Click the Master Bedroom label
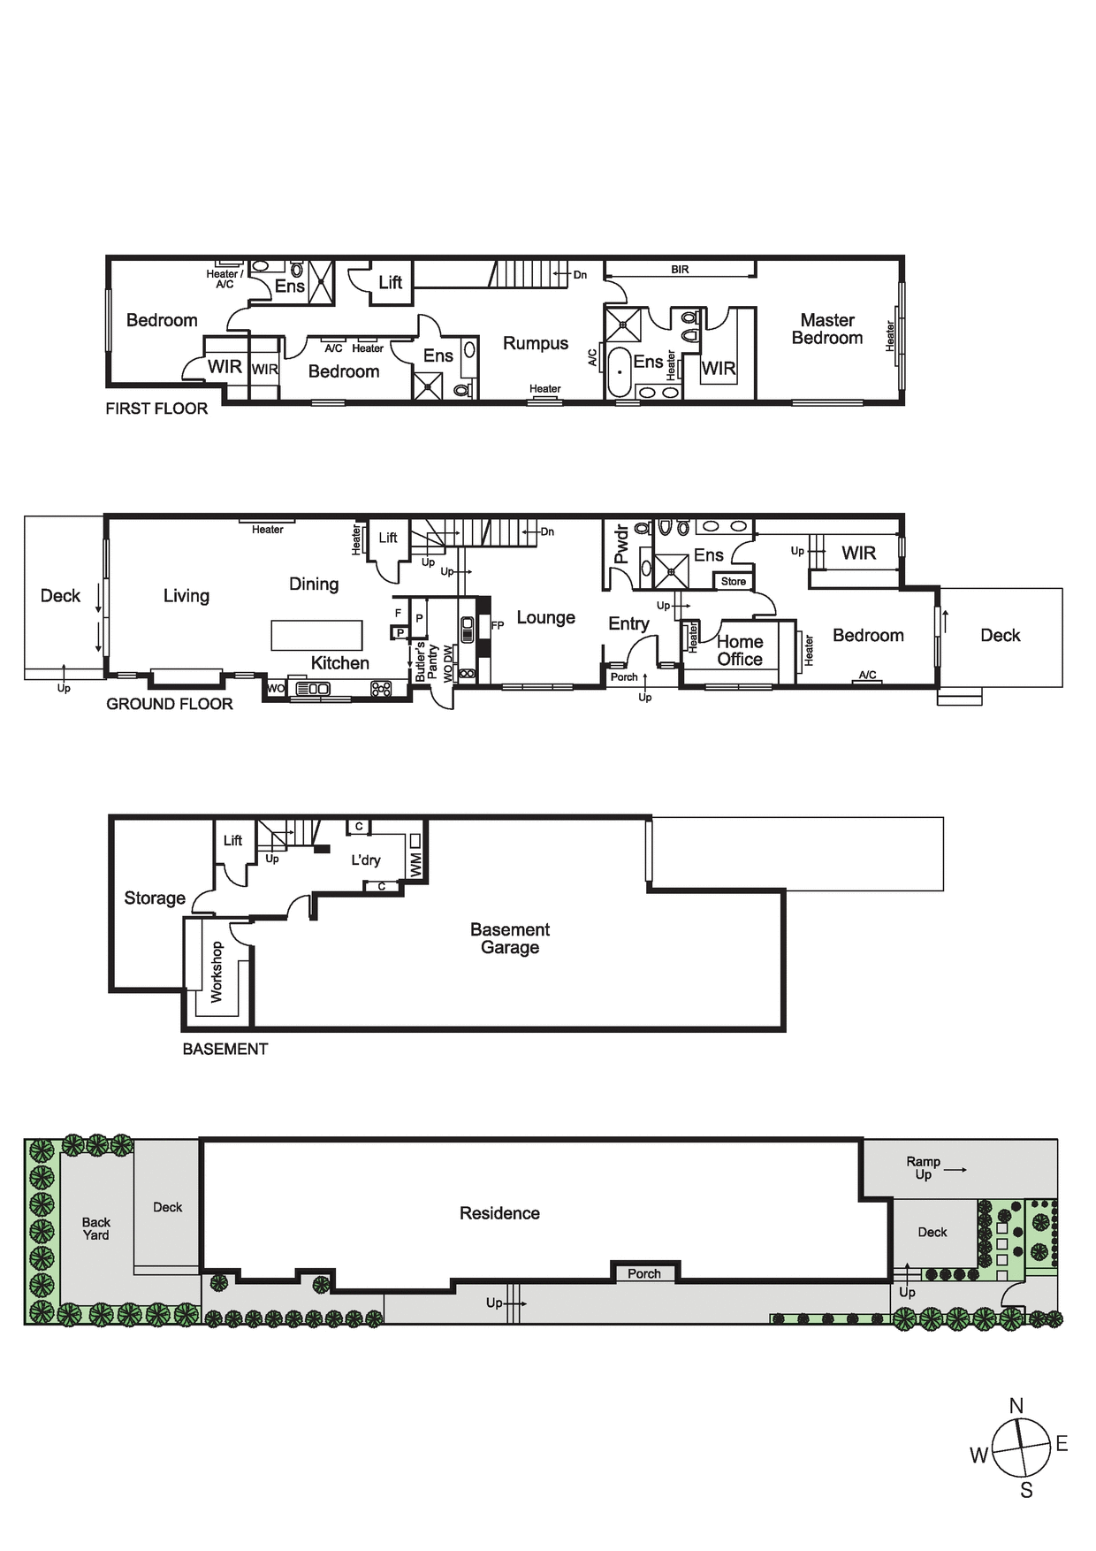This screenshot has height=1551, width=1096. pyautogui.click(x=827, y=329)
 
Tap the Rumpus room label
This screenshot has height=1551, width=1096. pyautogui.click(x=536, y=344)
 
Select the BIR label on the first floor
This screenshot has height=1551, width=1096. pyautogui.click(x=680, y=270)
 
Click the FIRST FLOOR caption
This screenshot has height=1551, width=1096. pyautogui.click(x=156, y=409)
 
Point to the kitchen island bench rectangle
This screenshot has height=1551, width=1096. pyautogui.click(x=316, y=635)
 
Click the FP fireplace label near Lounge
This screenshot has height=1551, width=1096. pyautogui.click(x=498, y=625)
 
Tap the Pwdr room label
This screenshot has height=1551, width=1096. pyautogui.click(x=621, y=544)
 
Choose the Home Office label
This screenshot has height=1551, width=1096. pyautogui.click(x=740, y=651)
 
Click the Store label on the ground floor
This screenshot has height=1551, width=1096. pyautogui.click(x=734, y=581)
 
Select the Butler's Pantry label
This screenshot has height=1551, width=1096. pyautogui.click(x=427, y=661)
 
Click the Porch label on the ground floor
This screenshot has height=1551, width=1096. pyautogui.click(x=624, y=677)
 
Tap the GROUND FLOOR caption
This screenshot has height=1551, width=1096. pyautogui.click(x=170, y=704)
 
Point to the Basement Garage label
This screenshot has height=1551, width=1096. pyautogui.click(x=510, y=938)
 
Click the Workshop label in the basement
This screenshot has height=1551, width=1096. pyautogui.click(x=217, y=971)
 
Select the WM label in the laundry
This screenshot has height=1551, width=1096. pyautogui.click(x=415, y=864)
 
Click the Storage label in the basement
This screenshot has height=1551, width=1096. pyautogui.click(x=155, y=898)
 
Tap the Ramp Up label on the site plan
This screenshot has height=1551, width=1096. pyautogui.click(x=924, y=1168)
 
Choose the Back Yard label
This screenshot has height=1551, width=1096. pyautogui.click(x=96, y=1228)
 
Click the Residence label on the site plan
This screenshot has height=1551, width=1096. pyautogui.click(x=499, y=1213)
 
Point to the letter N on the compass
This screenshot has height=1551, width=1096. pyautogui.click(x=1016, y=1406)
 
